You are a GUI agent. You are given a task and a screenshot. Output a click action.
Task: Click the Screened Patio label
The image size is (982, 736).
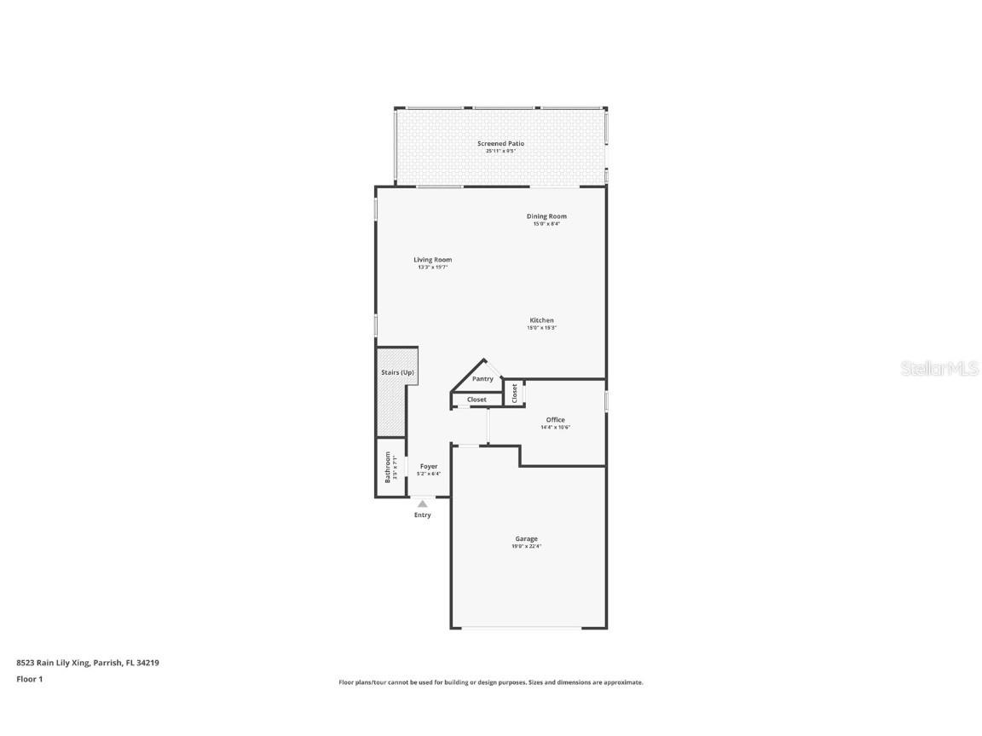tap(500, 144)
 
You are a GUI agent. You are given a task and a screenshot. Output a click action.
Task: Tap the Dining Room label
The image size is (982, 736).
tap(546, 216)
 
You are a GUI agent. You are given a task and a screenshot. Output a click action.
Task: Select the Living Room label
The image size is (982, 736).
tap(433, 260)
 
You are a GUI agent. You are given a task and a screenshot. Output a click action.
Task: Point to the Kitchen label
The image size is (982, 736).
tap(541, 320)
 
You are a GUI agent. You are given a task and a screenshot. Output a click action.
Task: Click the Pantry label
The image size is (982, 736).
tap(482, 379)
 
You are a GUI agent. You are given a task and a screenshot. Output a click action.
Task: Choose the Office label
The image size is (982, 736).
tap(556, 420)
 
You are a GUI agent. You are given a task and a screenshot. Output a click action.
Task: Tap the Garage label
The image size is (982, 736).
tap(526, 538)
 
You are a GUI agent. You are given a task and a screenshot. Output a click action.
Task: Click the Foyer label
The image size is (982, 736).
tap(429, 466)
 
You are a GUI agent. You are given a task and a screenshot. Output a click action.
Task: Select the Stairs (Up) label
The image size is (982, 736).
tap(397, 373)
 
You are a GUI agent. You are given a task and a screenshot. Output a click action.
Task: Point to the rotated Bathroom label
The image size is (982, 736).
tap(388, 467)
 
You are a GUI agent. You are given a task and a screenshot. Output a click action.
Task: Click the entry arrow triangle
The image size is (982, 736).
tap(423, 504)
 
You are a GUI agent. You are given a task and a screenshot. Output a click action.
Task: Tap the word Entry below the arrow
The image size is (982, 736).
tap(423, 515)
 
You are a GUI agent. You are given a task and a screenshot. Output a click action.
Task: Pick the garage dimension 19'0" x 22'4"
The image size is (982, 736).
tap(526, 546)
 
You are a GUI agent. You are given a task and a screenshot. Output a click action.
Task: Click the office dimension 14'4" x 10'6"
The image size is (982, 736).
tap(556, 428)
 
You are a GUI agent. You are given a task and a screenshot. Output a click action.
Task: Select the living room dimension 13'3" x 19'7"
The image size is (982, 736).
tap(433, 267)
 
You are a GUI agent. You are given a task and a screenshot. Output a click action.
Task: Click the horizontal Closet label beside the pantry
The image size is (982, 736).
tap(477, 400)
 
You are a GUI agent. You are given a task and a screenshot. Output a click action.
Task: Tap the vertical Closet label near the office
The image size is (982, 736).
tap(515, 392)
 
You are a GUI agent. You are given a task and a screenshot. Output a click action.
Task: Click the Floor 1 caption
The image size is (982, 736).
tap(29, 679)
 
